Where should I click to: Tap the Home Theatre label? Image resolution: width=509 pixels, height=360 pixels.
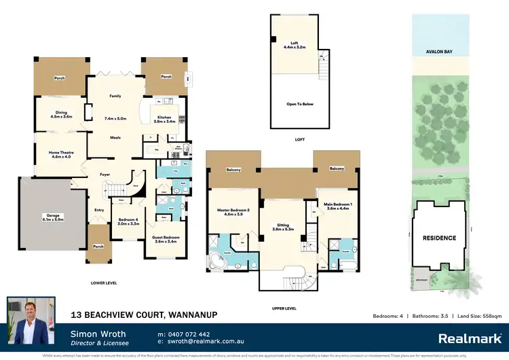coord(61,154)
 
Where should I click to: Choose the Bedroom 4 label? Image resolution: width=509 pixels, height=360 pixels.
coord(128,221)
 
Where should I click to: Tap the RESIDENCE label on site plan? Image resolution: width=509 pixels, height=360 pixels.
coord(440,238)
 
